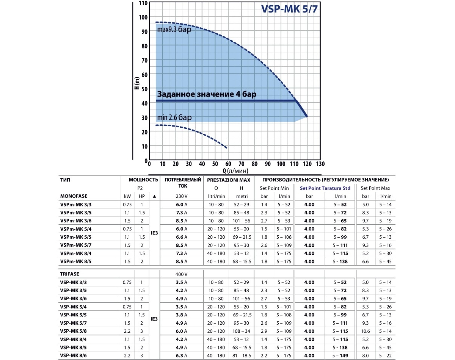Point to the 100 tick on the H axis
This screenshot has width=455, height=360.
(143, 17)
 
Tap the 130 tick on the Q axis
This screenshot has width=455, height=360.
(320, 164)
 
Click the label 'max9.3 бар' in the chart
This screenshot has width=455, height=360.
(174, 29)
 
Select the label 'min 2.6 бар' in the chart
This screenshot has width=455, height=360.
(174, 117)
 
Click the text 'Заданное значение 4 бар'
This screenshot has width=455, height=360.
(209, 94)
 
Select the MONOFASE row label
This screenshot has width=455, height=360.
(74, 196)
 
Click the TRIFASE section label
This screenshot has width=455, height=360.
(71, 273)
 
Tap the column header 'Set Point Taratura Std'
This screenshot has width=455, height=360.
(325, 188)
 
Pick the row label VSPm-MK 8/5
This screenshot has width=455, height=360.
(76, 261)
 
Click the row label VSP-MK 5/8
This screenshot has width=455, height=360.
(74, 331)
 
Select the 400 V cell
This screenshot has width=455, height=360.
(182, 273)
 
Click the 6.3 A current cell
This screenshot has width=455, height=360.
(182, 355)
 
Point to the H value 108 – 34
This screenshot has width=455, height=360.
(242, 331)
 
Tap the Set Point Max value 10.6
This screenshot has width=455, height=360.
(366, 331)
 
